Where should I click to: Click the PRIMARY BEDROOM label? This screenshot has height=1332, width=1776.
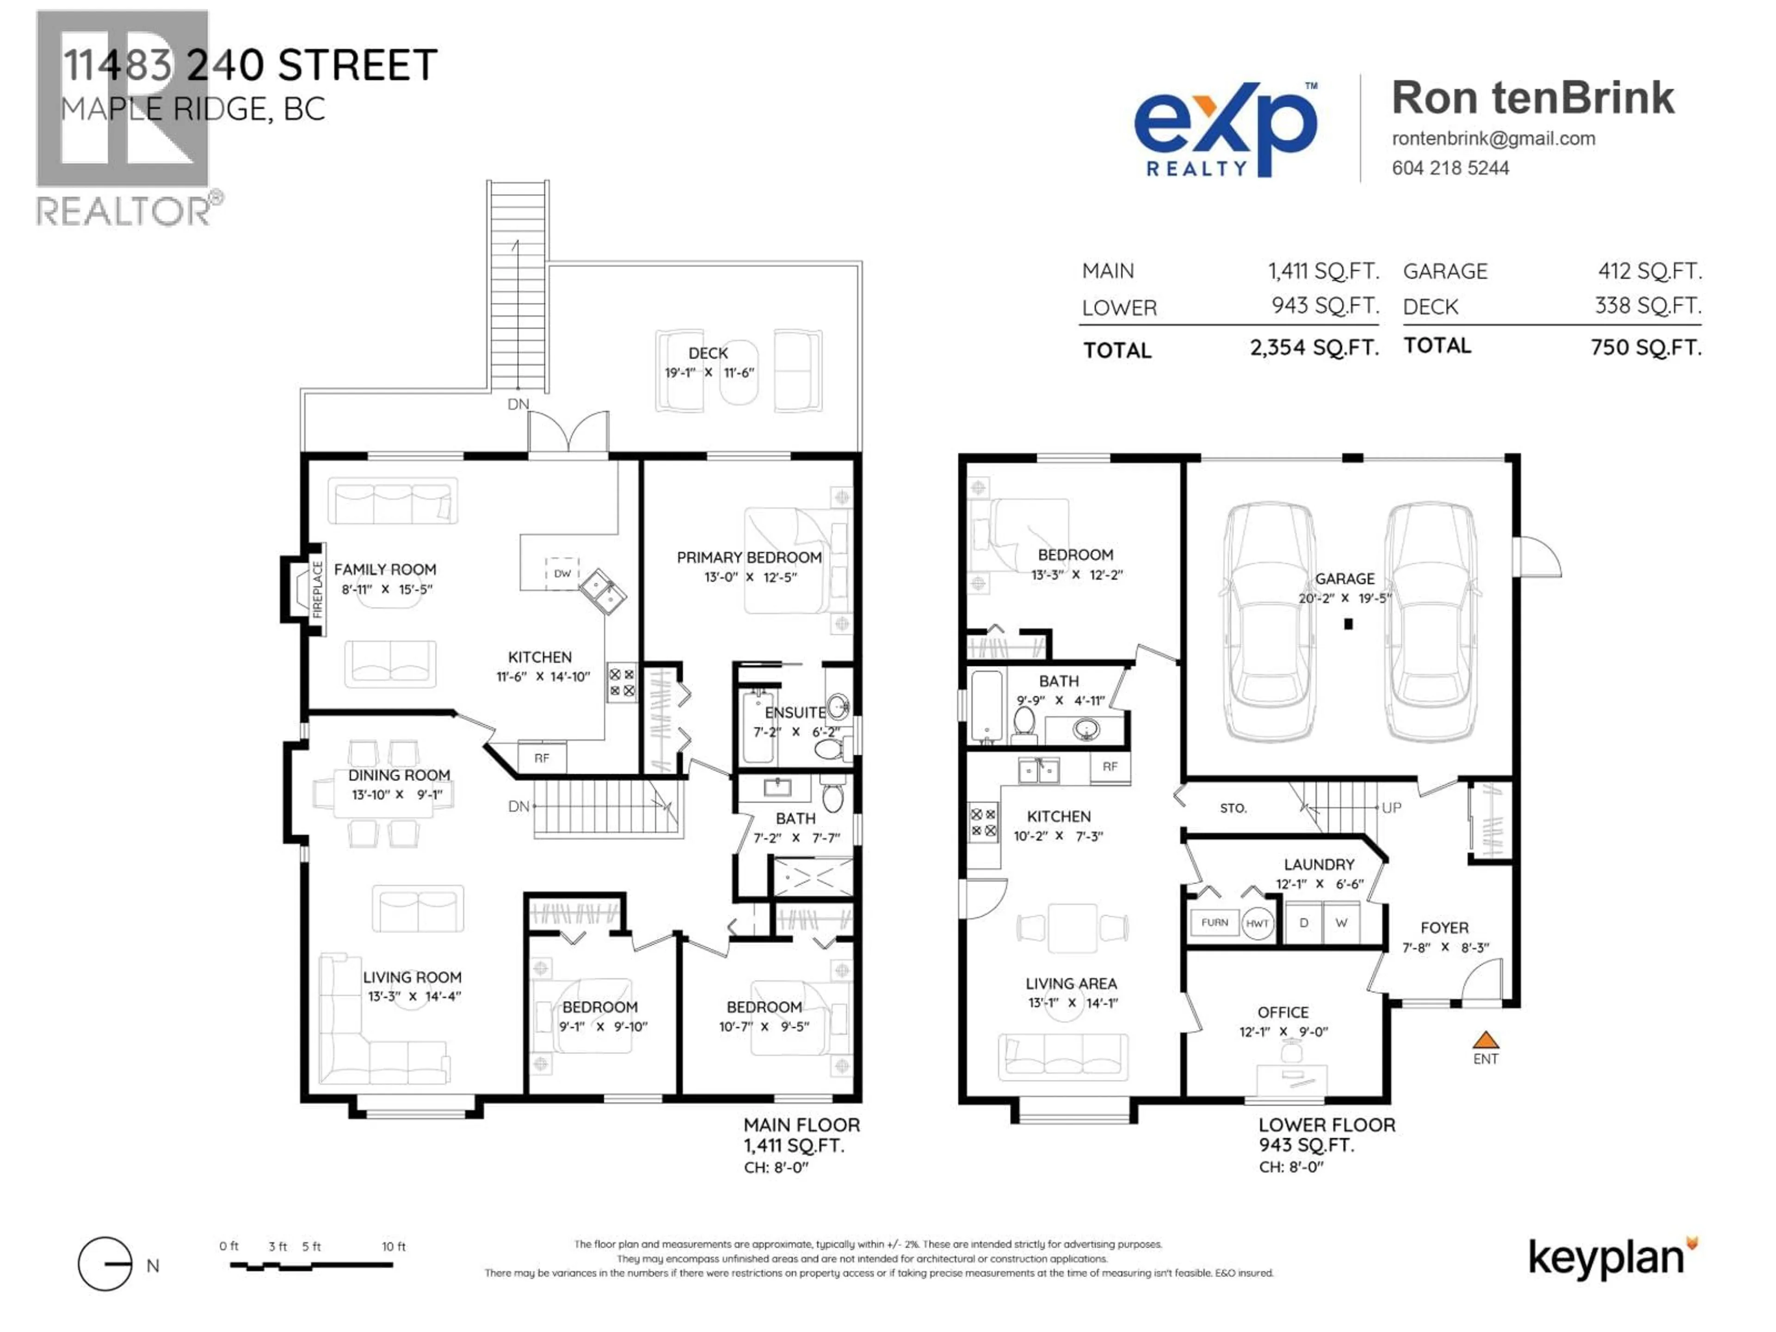point(748,557)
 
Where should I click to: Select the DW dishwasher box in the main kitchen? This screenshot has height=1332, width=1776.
point(562,573)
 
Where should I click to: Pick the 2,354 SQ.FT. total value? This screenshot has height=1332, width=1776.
point(1313,348)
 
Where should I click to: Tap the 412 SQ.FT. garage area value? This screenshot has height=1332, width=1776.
point(1649,271)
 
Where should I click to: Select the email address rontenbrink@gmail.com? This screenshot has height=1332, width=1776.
point(1493,138)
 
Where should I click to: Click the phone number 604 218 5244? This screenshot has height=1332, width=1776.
point(1450,168)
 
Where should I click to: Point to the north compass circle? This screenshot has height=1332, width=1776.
point(105,1264)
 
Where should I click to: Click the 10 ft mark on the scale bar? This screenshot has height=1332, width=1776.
point(394,1247)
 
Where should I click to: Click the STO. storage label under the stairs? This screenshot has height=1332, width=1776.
point(1233,808)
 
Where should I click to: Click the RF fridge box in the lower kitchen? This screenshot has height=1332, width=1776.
point(1110,767)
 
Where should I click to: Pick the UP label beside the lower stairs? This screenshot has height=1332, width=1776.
point(1391,808)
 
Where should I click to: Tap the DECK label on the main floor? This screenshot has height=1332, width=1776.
point(707,353)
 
